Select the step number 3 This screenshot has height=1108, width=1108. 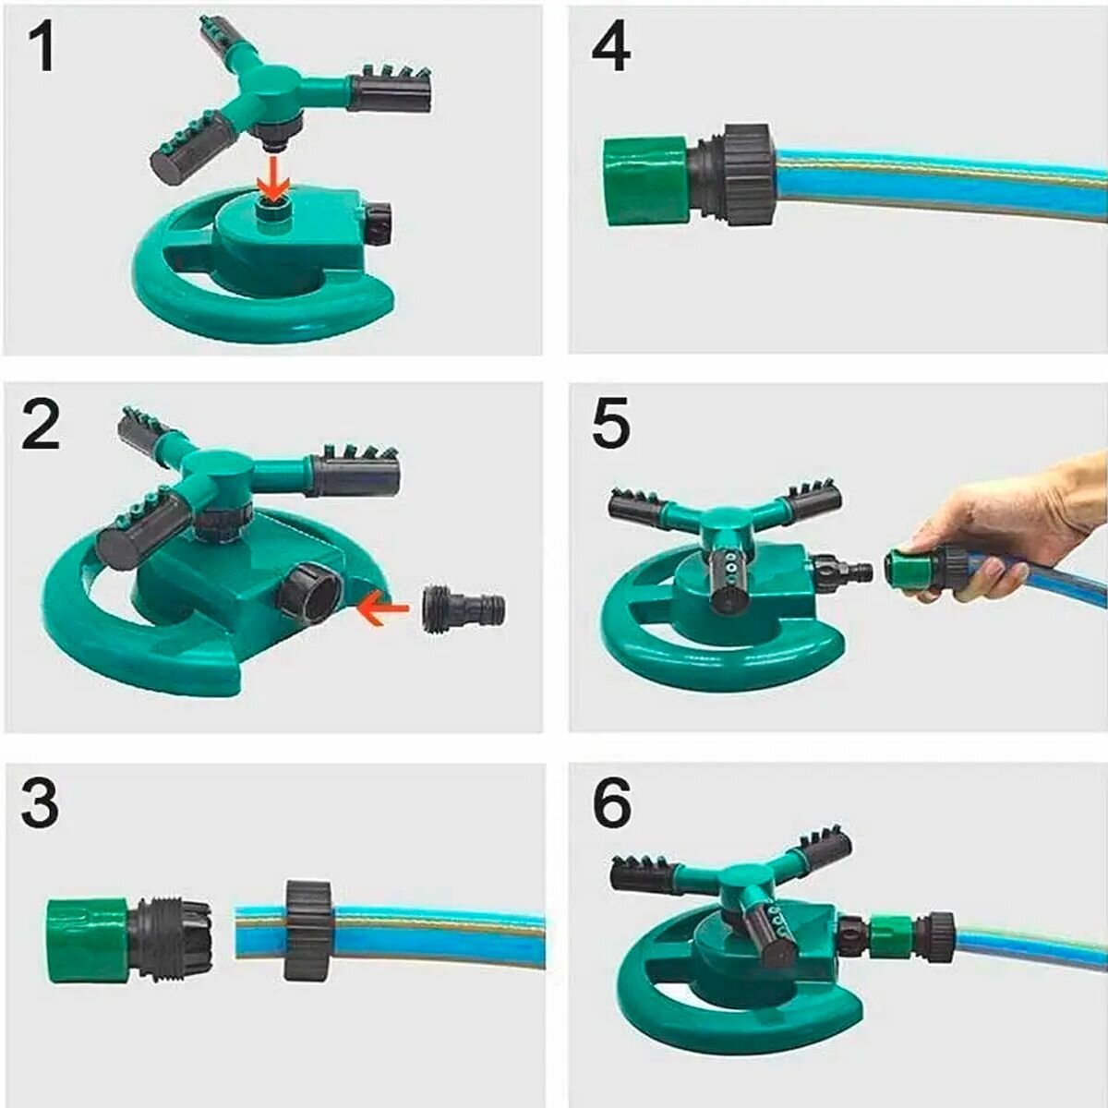[x=40, y=805]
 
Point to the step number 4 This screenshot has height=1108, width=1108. [x=611, y=50]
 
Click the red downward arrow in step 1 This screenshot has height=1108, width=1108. [x=273, y=179]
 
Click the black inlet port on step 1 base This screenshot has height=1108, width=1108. [x=379, y=224]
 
